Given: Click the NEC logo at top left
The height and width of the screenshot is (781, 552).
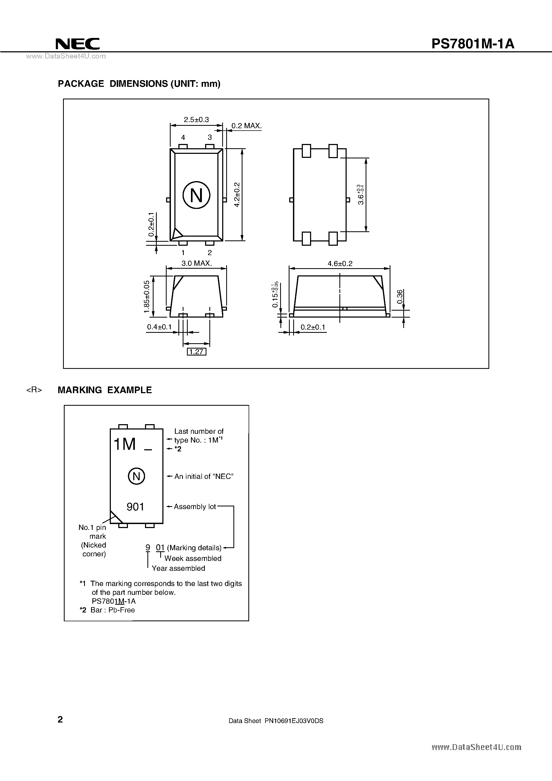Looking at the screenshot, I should (77, 44).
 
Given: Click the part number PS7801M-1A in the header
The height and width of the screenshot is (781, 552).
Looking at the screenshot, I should (473, 44).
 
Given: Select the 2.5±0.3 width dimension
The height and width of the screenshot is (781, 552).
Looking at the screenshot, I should (196, 120).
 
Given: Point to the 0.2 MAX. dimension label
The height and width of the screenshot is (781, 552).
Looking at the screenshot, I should (246, 126).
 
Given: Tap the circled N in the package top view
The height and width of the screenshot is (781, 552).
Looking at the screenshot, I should (196, 195).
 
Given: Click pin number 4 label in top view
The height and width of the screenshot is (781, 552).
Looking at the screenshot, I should (183, 138).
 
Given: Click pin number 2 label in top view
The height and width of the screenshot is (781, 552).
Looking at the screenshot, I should (210, 252).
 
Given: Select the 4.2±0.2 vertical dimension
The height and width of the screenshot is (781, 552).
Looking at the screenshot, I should (237, 194).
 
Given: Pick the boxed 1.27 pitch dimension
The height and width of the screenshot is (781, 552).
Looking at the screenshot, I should (197, 352).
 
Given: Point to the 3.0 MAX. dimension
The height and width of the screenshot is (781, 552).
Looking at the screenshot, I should (196, 263).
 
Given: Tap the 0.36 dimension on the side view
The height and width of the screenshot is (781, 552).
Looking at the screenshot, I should (400, 297).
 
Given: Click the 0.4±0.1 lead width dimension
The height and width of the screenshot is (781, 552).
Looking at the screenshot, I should (159, 327).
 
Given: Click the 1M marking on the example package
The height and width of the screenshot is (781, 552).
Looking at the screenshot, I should (124, 444).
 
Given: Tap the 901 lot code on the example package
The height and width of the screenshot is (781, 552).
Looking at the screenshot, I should (135, 507).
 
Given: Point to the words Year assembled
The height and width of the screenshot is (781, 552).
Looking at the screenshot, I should (178, 568).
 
